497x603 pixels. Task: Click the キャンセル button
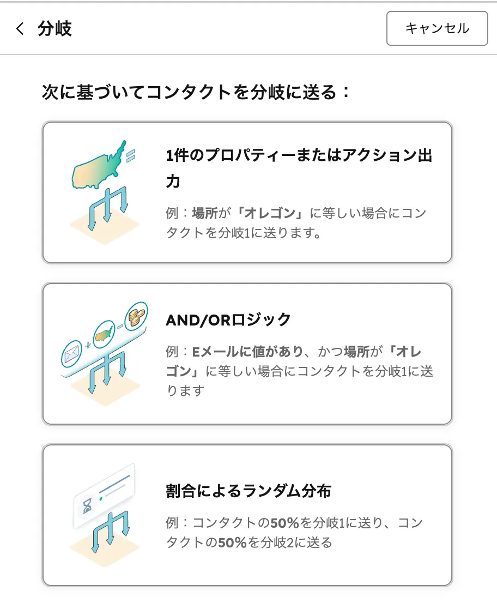[437, 28]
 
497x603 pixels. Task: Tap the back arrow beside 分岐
[20, 29]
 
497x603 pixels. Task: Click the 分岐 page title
[54, 29]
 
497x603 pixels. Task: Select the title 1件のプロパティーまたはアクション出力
[299, 156]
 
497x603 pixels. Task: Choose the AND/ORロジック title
[228, 319]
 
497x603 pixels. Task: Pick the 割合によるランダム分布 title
[248, 491]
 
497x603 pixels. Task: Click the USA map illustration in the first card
[98, 167]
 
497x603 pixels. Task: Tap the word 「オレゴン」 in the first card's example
[271, 213]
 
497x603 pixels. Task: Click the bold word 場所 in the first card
[205, 213]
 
